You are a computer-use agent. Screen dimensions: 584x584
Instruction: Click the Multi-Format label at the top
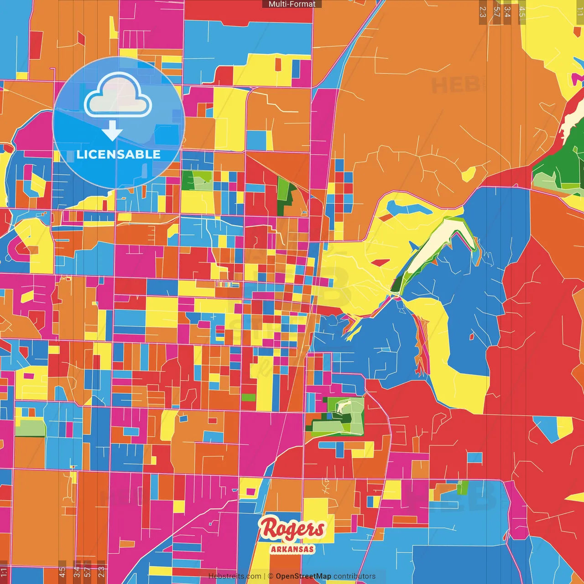coord(292,4)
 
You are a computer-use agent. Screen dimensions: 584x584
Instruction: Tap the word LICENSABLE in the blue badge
coord(119,154)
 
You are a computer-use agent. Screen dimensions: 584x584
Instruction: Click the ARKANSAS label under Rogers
coord(292,549)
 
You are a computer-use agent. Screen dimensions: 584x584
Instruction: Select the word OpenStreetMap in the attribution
coord(303,576)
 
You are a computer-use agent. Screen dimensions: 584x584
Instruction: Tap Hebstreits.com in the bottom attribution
coord(235,576)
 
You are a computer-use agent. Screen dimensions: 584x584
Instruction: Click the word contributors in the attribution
coord(355,576)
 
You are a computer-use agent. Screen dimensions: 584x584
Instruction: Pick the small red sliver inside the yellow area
coord(380,262)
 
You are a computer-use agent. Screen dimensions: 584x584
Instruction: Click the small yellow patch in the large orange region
coord(469,174)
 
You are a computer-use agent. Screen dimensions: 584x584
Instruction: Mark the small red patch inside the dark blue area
coord(471,337)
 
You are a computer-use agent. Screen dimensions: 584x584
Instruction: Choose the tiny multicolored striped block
coord(227,285)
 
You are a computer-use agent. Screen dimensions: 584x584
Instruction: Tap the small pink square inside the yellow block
coord(250,491)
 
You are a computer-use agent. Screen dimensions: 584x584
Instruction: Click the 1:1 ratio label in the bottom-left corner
coord(4,572)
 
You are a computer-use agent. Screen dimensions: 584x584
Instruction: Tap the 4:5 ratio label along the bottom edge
coord(62,572)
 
